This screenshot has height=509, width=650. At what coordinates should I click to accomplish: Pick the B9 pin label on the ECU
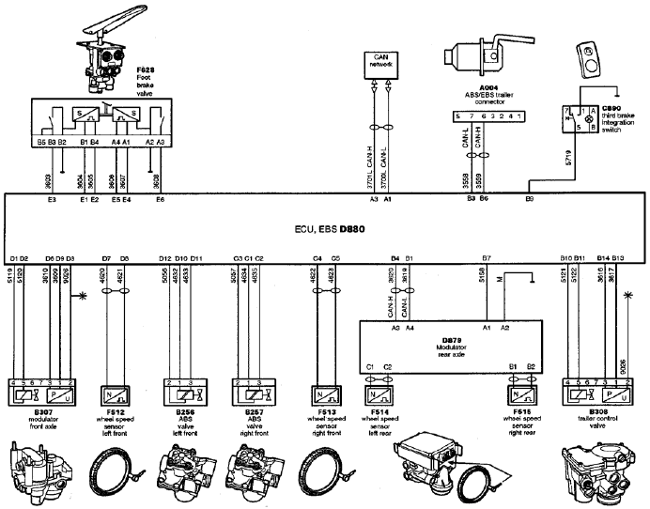tap(530, 201)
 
